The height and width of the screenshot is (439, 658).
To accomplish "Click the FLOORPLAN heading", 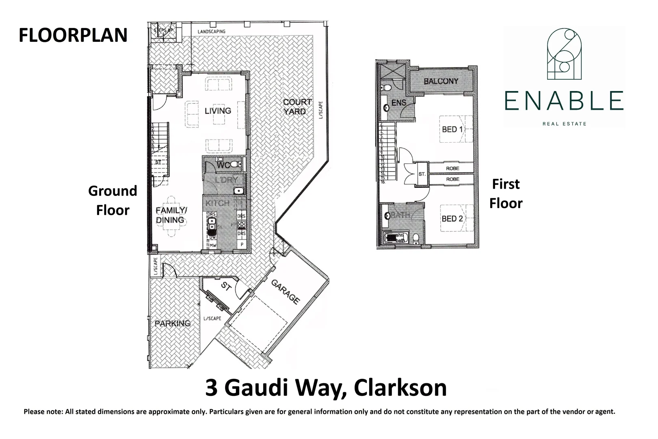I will pos(73,35).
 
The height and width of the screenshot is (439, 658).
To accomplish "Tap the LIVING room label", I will pos(218,111).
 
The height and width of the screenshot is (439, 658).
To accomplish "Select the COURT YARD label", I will pos(297,106).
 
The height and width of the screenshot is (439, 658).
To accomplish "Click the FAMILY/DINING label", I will pos(171,215).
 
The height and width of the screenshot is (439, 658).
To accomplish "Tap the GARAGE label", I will pos(286,292).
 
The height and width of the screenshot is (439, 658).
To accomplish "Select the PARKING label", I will pos(173,324).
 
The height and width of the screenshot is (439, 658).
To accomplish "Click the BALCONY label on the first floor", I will pos(441,81).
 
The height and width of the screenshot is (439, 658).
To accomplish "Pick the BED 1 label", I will pos(452,130).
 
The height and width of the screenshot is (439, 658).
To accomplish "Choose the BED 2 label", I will pos(452,219).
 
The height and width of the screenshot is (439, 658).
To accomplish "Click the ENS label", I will pos(398,103).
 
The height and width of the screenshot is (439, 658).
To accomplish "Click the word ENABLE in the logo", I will pos(564,101).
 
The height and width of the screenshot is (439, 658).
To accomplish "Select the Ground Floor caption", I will pos(113,200).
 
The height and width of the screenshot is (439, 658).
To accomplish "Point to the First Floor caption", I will pos(506,193).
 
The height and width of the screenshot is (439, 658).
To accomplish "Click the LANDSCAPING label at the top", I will pos(211,32).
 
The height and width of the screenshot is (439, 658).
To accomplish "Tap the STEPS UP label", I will pos(163,31).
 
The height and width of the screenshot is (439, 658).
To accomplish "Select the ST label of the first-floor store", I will pos(422,174).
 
